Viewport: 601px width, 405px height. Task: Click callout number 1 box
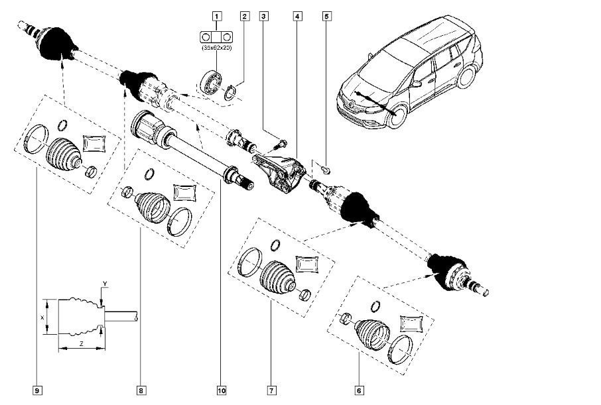point(216,14)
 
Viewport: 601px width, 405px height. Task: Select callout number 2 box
point(244,14)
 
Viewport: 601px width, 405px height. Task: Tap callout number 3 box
point(264,14)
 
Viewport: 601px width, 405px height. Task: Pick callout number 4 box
point(295,14)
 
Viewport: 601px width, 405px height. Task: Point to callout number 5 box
point(326,14)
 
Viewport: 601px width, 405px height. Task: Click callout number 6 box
point(359,390)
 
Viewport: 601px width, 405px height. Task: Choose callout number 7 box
point(271,390)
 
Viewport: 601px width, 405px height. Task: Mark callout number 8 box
point(141,390)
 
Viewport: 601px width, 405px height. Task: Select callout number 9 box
point(38,390)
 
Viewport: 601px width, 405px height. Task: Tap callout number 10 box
point(220,390)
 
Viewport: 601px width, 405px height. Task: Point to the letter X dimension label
point(42,318)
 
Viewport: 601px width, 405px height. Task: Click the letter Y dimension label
point(104,285)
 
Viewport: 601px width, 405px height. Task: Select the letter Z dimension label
point(80,345)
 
